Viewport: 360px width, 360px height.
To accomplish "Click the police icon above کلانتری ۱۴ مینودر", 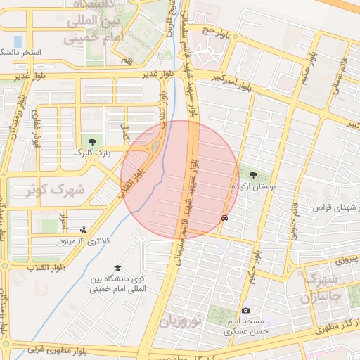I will pos(84,230).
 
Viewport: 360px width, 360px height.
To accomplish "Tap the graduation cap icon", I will pos(117,269).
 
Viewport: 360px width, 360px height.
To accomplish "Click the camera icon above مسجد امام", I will pos(245,310).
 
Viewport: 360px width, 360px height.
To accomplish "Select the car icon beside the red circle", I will pos(224,219).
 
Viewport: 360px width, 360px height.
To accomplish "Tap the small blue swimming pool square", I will pos(18,41).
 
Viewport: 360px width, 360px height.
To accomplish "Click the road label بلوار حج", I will pos(217,32).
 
